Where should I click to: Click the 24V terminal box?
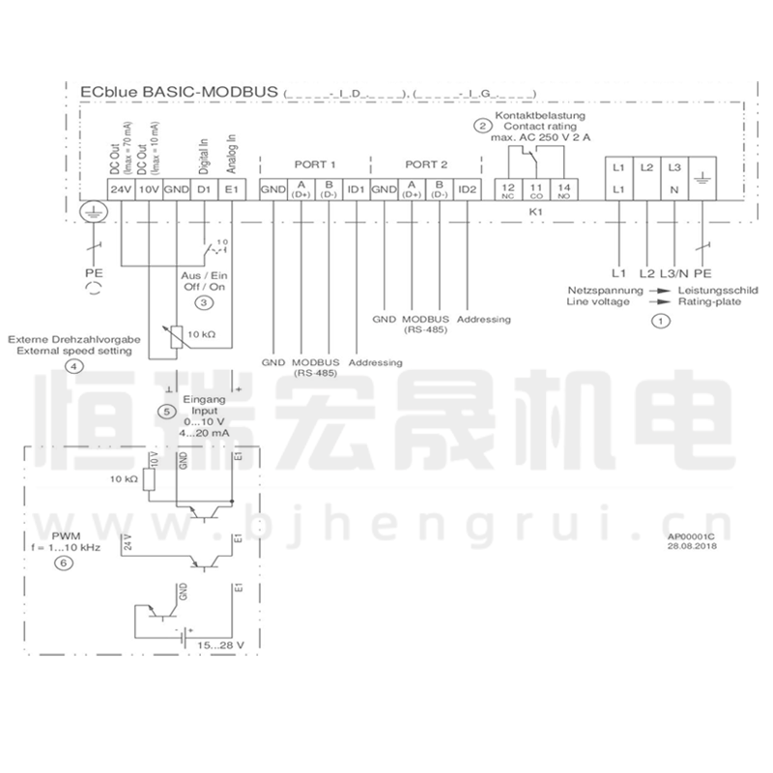(120, 189)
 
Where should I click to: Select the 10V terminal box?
(148, 189)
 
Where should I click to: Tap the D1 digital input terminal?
(204, 189)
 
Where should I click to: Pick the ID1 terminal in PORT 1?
(357, 189)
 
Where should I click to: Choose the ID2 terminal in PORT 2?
(468, 189)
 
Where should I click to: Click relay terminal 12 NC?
(507, 189)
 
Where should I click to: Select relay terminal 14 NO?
(564, 189)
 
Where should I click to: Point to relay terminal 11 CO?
(536, 189)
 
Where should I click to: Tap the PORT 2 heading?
(426, 164)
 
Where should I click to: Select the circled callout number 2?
(481, 125)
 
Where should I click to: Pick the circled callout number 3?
(204, 302)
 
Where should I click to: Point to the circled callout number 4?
(73, 366)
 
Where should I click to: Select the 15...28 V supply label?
(222, 644)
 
